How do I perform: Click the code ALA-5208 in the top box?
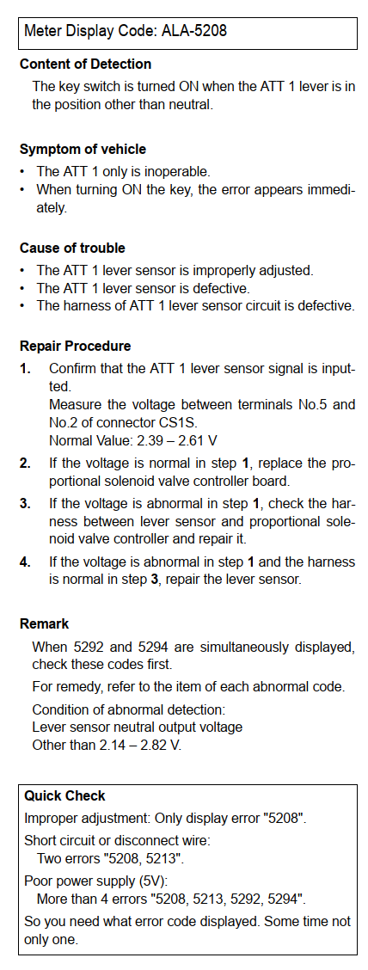[x=194, y=30]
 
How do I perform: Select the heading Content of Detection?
[x=85, y=64]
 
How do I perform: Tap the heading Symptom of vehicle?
[x=83, y=149]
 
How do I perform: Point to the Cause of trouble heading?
[x=72, y=248]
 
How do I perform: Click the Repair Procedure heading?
[x=76, y=346]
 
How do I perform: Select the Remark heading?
[x=45, y=623]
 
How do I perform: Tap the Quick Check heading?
[x=65, y=795]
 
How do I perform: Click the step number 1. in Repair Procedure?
[x=25, y=369]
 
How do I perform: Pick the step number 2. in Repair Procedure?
[x=25, y=463]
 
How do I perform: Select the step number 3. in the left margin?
[x=25, y=504]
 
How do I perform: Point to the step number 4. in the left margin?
[x=25, y=562]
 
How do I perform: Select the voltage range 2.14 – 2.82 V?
[x=139, y=744]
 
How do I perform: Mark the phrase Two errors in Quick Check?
[x=67, y=859]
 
